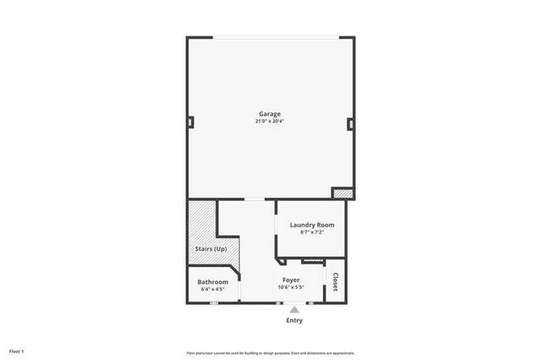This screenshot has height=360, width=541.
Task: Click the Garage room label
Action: (270, 114)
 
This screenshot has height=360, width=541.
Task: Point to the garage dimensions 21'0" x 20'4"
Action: (270, 122)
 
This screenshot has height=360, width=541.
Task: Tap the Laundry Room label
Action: (312, 225)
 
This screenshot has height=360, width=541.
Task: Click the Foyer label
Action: (291, 279)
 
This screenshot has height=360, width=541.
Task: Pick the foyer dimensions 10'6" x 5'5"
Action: (291, 286)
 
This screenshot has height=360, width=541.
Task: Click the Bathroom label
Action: (213, 281)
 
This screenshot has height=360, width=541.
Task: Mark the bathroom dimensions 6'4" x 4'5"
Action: (213, 289)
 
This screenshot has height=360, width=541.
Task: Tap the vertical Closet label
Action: (336, 282)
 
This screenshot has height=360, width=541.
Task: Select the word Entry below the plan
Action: (294, 320)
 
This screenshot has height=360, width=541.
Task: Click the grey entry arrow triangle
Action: (294, 309)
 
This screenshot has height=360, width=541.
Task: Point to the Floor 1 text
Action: (17, 351)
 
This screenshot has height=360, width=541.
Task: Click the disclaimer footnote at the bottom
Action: (270, 352)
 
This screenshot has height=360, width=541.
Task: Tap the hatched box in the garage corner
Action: (342, 194)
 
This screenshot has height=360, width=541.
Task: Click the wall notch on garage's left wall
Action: (190, 122)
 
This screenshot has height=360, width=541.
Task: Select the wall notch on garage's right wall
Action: (350, 123)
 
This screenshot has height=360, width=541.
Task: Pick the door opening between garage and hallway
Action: (254, 199)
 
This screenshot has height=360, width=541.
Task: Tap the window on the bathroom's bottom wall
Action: (214, 303)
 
